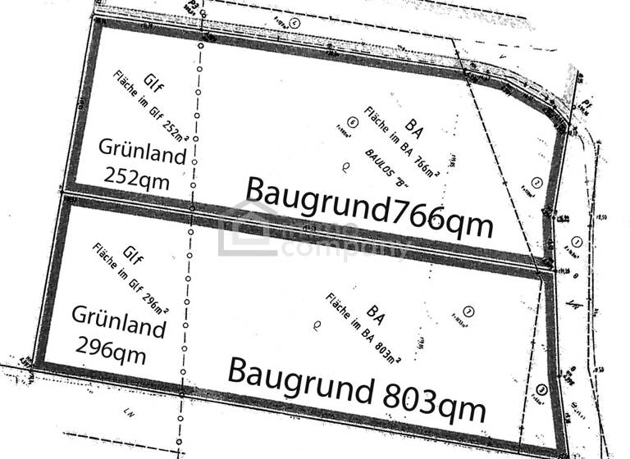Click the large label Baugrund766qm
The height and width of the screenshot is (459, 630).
(x=369, y=207)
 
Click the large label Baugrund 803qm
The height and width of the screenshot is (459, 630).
(x=357, y=385)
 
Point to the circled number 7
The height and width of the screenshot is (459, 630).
(x=468, y=311)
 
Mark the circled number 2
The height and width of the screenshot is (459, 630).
(x=536, y=182)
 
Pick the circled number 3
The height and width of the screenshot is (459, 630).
(x=542, y=390)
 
